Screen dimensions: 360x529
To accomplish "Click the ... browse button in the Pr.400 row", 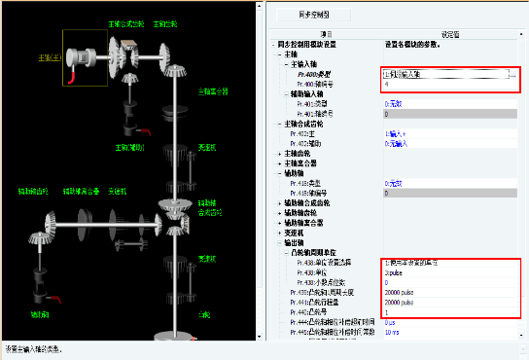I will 510,74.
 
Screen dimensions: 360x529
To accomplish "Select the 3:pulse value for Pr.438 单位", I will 394,273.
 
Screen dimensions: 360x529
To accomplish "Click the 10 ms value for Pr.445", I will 392,332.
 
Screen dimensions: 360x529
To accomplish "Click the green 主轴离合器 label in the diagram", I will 213,90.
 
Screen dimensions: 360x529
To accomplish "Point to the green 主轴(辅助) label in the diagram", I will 127,148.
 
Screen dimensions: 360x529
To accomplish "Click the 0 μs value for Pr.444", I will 391,322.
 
